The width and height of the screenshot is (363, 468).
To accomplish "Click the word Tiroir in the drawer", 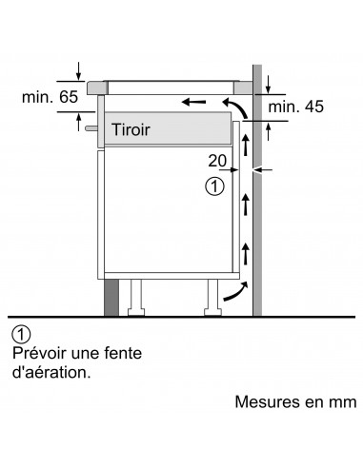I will point(131,128).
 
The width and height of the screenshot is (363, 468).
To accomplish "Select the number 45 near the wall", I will point(312,107).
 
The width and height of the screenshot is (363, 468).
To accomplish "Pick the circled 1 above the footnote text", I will point(23,335).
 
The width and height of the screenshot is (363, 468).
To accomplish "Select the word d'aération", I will point(52,373).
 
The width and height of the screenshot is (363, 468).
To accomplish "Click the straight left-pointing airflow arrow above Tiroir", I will point(194,101).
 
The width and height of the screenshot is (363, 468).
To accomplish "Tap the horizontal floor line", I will point(181,317).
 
